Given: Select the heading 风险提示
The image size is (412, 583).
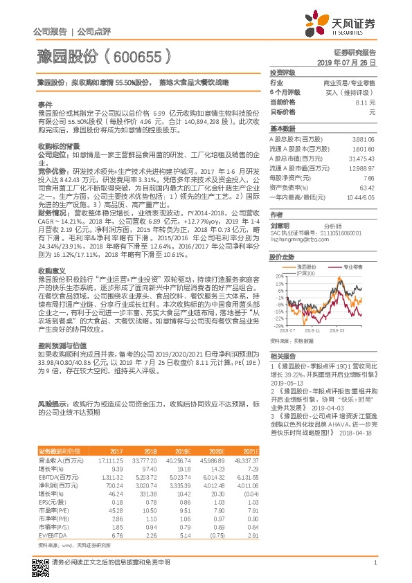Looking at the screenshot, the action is pos(52,402).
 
